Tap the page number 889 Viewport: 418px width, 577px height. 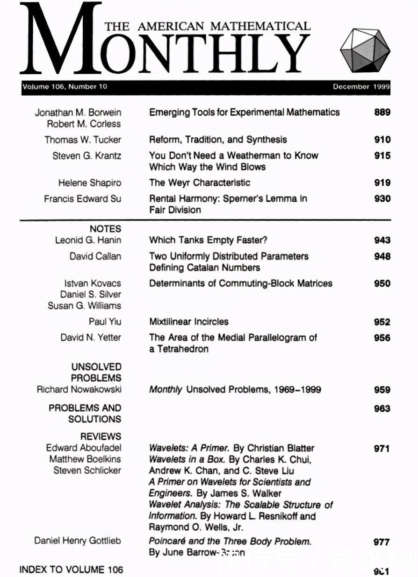tap(382, 113)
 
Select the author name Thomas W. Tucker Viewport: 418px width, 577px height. tap(83, 140)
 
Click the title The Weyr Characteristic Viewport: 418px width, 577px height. tap(200, 183)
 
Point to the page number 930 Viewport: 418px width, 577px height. tap(382, 198)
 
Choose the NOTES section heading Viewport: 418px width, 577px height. tap(105, 229)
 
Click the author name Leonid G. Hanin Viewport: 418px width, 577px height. tap(88, 240)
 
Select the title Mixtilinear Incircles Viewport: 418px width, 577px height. tap(189, 322)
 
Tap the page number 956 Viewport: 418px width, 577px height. tap(382, 338)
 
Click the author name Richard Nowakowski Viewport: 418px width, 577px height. tap(79, 389)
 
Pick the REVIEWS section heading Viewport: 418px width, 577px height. tap(101, 436)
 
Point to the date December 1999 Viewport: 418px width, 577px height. tap(361, 87)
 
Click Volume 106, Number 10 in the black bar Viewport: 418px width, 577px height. tap(65, 87)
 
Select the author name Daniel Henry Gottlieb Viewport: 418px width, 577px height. tap(77, 541)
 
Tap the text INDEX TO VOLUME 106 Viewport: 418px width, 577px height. tap(71, 570)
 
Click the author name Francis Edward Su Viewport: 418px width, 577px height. tap(82, 198)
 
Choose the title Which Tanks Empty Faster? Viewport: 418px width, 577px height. tap(208, 240)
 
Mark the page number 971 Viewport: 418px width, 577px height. tap(382, 449)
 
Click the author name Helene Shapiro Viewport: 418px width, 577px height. tap(89, 183)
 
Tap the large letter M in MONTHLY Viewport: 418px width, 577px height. tap(61, 40)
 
